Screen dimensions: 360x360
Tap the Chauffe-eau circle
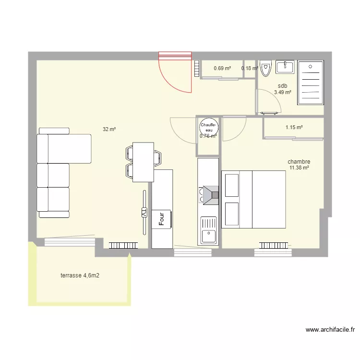(209, 128)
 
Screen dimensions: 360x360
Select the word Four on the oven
(162, 219)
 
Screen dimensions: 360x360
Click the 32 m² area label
(109, 129)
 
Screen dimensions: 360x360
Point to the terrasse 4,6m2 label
(80, 276)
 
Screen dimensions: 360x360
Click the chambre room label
(299, 162)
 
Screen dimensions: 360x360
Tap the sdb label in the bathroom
(282, 86)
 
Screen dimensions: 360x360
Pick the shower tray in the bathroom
(310, 83)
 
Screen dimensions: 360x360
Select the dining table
(143, 162)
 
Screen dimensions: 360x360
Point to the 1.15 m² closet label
(294, 128)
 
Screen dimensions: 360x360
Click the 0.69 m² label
(222, 68)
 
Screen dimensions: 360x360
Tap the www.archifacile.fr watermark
(330, 330)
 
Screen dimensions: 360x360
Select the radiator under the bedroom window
(275, 245)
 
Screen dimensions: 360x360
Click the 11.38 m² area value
(299, 168)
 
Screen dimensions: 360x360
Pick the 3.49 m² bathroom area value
(282, 93)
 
